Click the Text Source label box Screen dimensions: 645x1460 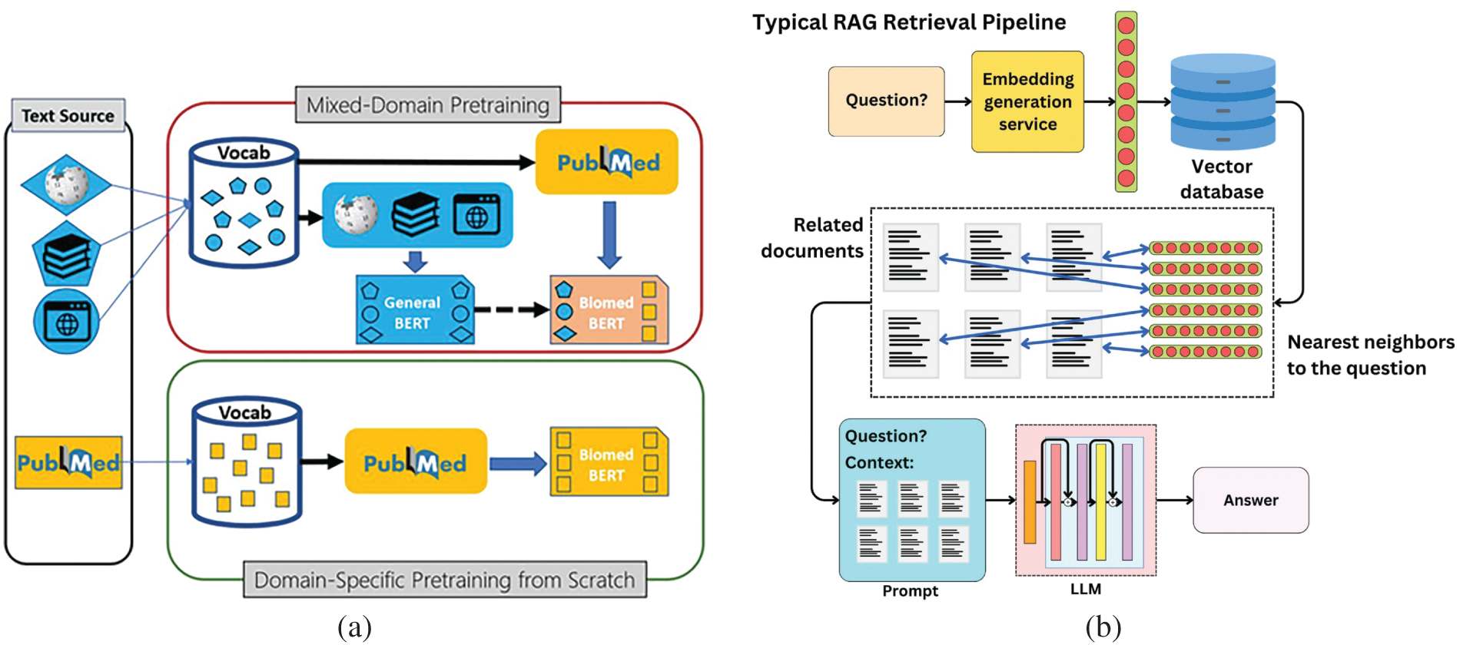pos(68,116)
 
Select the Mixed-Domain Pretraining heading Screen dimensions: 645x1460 pos(428,104)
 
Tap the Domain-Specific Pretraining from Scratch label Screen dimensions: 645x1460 pos(444,580)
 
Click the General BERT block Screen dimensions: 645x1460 pos(415,311)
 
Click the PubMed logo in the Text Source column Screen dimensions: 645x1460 pos(68,463)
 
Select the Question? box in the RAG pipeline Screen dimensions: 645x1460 pos(886,101)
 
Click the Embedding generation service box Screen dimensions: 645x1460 pos(1027,101)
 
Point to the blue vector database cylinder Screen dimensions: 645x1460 pos(1223,101)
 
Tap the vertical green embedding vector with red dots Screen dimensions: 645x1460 pos(1126,101)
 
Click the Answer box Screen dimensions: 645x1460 pos(1250,501)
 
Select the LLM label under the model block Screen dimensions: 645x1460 pos(1085,589)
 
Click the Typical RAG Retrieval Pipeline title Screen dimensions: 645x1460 pos(909,22)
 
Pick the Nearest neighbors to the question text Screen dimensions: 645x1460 pos(1370,355)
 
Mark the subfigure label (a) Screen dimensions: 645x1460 pos(354,627)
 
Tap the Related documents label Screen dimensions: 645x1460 pos(812,238)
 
